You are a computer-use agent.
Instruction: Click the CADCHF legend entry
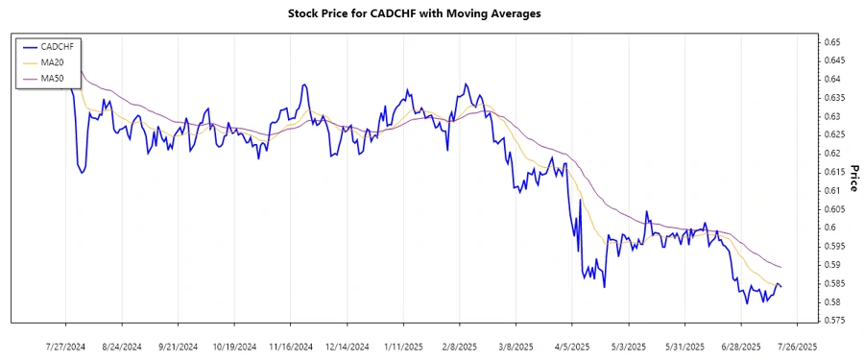pos(57,46)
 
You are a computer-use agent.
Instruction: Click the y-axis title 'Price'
pos(854,179)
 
